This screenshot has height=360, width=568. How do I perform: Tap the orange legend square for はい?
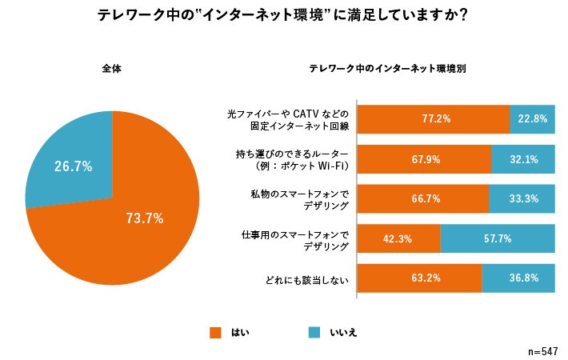click(214, 332)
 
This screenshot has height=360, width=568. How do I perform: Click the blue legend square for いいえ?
click(314, 332)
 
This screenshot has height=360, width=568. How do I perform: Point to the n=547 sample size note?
click(543, 351)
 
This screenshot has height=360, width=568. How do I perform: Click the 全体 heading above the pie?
click(112, 69)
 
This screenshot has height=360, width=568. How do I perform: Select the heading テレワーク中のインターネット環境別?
click(388, 69)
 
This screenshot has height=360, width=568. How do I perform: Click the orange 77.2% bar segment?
click(433, 118)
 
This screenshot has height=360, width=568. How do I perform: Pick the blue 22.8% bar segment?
click(532, 118)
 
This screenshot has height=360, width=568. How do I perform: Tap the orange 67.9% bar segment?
click(424, 158)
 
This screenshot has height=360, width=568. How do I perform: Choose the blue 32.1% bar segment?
click(522, 158)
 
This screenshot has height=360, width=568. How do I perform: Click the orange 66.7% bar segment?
click(422, 198)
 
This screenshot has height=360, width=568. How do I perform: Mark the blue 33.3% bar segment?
click(521, 198)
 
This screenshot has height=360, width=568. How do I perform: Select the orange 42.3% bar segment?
click(398, 238)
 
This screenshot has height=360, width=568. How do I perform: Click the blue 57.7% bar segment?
click(497, 238)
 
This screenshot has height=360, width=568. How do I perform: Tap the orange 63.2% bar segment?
click(419, 278)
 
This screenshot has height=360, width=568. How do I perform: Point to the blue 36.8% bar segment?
click(518, 278)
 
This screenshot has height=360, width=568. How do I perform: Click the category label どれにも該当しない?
click(306, 279)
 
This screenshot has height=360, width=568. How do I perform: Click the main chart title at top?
click(283, 16)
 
